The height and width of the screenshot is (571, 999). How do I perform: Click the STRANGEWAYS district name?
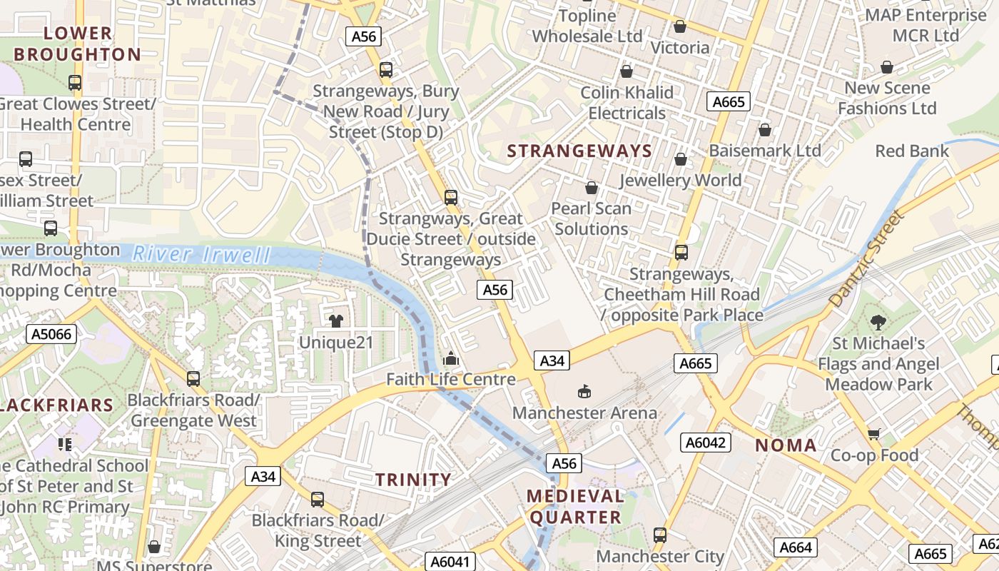point(579,151)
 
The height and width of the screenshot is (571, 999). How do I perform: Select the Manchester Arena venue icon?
point(584,391)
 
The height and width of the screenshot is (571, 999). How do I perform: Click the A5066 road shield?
point(51,333)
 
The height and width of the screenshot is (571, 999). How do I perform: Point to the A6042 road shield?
point(705,443)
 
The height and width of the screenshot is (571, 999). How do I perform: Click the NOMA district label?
point(786,446)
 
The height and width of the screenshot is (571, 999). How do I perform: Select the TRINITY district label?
point(414,480)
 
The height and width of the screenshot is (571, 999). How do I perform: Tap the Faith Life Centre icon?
point(450,358)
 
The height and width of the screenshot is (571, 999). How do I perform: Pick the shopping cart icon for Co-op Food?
point(874,434)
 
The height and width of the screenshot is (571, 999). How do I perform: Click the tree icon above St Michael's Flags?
point(878,323)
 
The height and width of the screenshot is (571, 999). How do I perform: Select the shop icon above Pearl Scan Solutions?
point(592,188)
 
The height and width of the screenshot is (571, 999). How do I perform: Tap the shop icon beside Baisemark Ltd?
point(765,130)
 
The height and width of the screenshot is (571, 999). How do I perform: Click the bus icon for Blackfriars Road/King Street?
point(318,500)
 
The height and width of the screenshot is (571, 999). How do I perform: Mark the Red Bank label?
point(912,151)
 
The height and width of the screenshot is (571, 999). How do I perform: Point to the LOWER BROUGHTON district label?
point(78,44)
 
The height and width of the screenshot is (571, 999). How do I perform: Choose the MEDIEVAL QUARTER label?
point(574,507)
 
